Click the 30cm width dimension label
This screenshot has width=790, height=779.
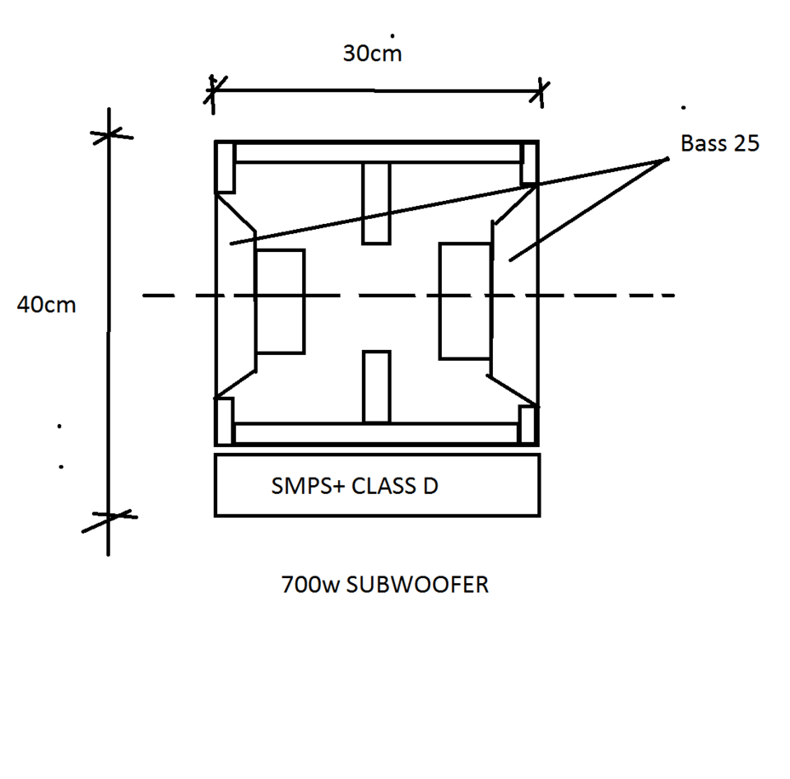click(x=372, y=54)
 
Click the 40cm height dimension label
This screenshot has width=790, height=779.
click(x=46, y=305)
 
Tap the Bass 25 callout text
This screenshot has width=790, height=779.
click(x=719, y=143)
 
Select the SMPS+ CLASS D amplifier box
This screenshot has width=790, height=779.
click(x=378, y=485)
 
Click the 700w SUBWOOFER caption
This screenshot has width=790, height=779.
click(x=385, y=585)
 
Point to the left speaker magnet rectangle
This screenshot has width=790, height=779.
click(x=280, y=301)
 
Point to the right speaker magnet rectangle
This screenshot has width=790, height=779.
click(x=465, y=301)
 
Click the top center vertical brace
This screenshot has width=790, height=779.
click(x=376, y=203)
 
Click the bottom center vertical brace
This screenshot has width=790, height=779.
click(x=376, y=387)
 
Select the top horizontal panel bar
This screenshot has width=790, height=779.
click(x=378, y=153)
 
